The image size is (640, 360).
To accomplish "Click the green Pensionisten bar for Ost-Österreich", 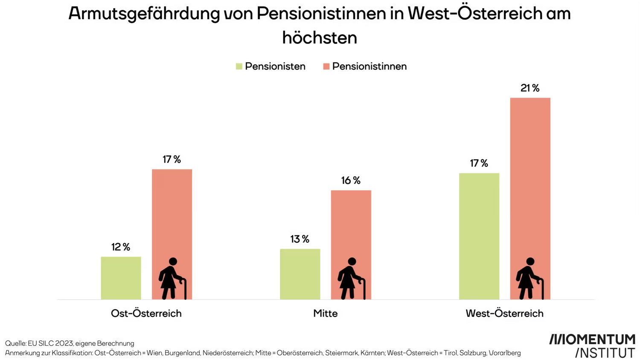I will click(x=121, y=278).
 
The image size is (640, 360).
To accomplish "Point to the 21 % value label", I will click(x=530, y=88).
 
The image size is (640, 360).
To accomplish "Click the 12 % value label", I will click(x=121, y=247).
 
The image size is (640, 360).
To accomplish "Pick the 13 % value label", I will click(x=300, y=239).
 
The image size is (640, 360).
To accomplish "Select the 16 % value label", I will click(x=351, y=180).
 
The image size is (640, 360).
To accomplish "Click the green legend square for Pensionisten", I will click(x=239, y=67).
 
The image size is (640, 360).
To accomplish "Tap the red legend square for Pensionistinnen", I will click(x=326, y=67).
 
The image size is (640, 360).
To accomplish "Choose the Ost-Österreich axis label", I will click(x=146, y=314).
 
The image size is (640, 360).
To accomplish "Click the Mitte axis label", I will click(x=325, y=314).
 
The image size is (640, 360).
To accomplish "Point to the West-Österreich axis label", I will click(x=504, y=314).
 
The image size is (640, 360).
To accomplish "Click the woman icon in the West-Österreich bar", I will click(x=529, y=278).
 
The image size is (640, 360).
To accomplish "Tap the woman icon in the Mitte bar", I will click(x=351, y=278).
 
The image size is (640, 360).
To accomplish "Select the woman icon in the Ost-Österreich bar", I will click(x=172, y=278).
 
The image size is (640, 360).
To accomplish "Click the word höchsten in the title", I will click(x=320, y=38).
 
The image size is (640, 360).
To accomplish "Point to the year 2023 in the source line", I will click(x=64, y=343).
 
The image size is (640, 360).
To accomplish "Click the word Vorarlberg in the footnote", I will click(x=504, y=353).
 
